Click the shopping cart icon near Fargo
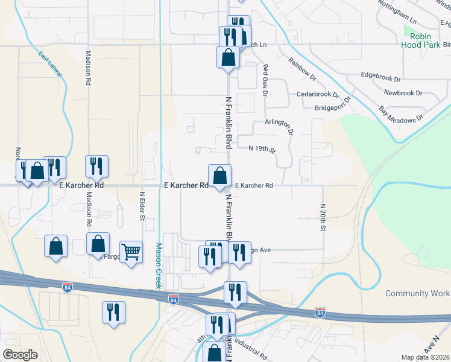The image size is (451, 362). [x=131, y=252]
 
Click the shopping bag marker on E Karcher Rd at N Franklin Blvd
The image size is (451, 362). [x=219, y=176]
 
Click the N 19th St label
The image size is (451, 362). [x=262, y=149]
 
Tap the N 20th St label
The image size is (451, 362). [x=323, y=217]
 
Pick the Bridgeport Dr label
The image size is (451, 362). [x=335, y=108]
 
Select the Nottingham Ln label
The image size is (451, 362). [x=397, y=11]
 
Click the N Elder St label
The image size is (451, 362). [x=142, y=206]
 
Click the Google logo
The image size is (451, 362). [x=20, y=355]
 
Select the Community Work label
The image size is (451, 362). [x=417, y=294]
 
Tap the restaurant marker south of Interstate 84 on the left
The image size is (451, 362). [x=113, y=313]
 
